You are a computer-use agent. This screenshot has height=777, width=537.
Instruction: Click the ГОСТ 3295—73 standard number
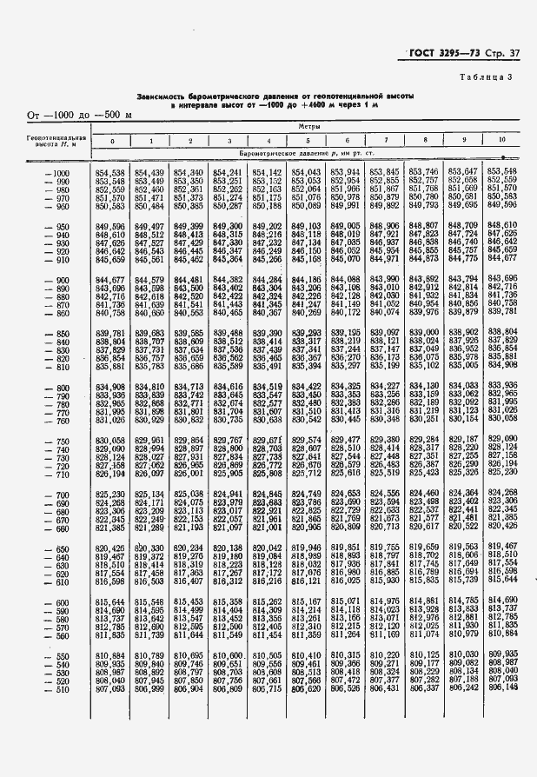(x=446, y=56)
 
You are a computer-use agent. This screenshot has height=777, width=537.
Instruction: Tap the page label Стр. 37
(x=504, y=56)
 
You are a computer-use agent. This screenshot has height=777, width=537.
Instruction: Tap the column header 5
(x=308, y=140)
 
